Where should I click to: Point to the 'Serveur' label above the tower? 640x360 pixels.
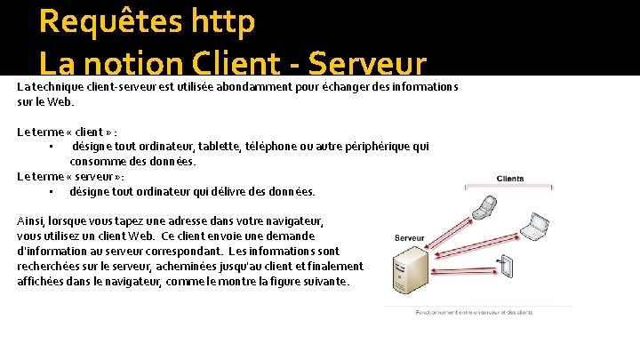tap(409, 238)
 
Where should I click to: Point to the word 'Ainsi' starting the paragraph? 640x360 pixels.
tap(31, 220)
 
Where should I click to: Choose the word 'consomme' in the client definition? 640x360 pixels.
tap(99, 162)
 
